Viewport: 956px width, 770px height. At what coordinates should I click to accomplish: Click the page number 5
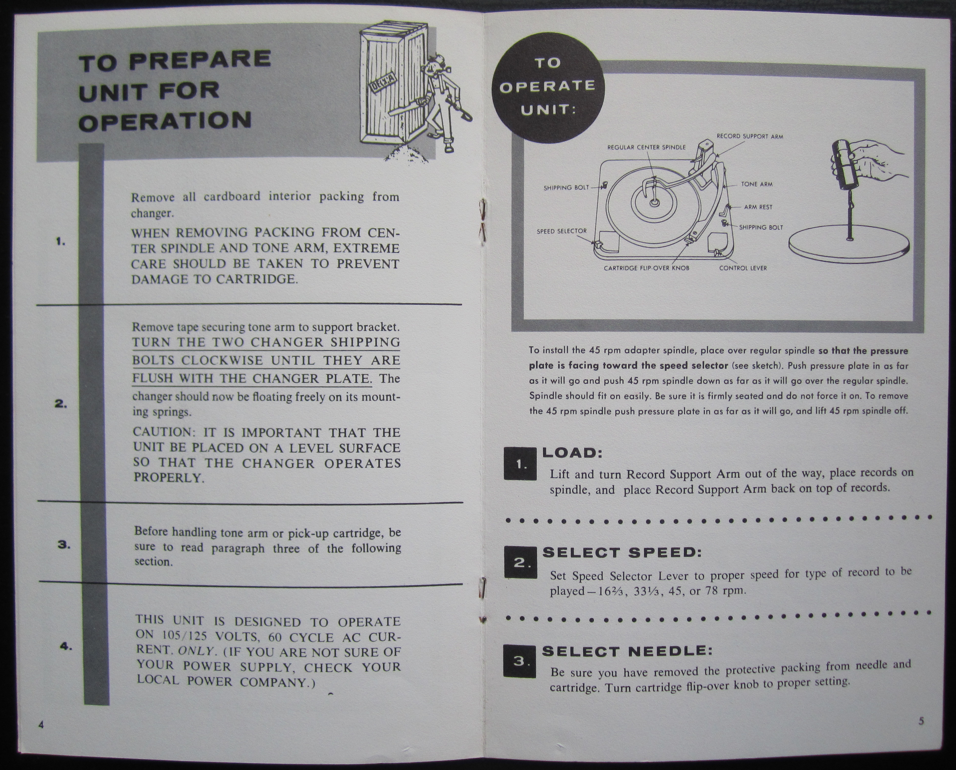(921, 721)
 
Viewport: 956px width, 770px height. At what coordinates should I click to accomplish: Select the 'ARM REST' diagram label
(758, 207)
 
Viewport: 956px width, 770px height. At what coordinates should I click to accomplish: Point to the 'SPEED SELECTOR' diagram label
(562, 231)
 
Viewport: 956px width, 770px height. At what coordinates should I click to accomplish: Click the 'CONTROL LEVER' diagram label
(743, 268)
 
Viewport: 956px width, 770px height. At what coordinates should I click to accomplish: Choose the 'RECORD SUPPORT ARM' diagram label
(750, 137)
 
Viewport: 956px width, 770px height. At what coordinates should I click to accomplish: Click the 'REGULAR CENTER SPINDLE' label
(646, 147)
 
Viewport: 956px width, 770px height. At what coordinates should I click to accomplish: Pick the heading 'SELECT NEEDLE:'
(627, 651)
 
